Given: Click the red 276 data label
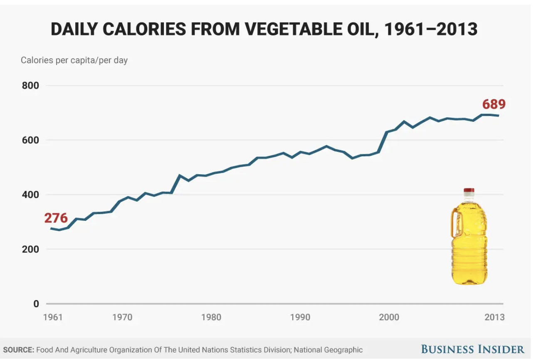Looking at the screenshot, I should (x=56, y=218).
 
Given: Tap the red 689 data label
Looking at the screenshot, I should (x=494, y=104).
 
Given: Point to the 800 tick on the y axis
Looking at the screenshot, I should (x=30, y=86).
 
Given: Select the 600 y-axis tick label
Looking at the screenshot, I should (x=30, y=140).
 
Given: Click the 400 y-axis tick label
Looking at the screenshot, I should (x=30, y=195).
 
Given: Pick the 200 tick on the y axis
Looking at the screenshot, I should (x=30, y=249).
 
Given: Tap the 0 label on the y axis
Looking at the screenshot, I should (x=36, y=304).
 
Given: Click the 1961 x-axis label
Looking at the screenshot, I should (x=53, y=317).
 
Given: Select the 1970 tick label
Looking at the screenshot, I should (x=122, y=317).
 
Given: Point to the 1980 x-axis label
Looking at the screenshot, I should (x=211, y=317).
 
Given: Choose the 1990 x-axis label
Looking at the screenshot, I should (x=300, y=317).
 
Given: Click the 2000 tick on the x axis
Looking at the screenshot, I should (x=389, y=317).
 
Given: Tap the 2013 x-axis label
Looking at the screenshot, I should (x=494, y=317).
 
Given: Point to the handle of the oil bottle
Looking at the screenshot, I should (x=455, y=223).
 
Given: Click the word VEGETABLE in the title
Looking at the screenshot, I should (x=290, y=30).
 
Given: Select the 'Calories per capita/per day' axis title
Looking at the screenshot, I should (x=74, y=60).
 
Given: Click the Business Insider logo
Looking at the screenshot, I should (x=473, y=349).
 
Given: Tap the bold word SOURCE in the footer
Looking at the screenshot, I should (x=18, y=350).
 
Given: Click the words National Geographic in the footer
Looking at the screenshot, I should (x=328, y=350).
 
